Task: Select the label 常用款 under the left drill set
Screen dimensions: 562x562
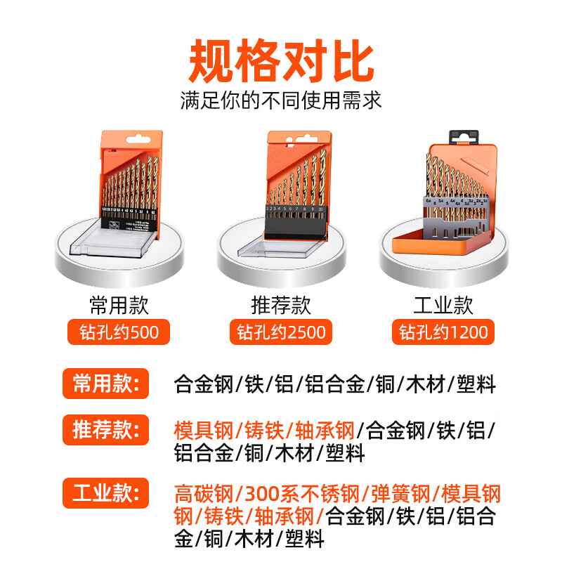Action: pyautogui.click(x=119, y=305)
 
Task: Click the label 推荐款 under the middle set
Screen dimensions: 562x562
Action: pyautogui.click(x=280, y=305)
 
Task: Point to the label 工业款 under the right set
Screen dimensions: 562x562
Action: pyautogui.click(x=443, y=305)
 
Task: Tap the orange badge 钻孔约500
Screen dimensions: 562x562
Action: pyautogui.click(x=119, y=332)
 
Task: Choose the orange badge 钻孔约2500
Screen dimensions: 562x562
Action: pyautogui.click(x=281, y=332)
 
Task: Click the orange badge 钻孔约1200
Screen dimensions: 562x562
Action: pyautogui.click(x=443, y=332)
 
